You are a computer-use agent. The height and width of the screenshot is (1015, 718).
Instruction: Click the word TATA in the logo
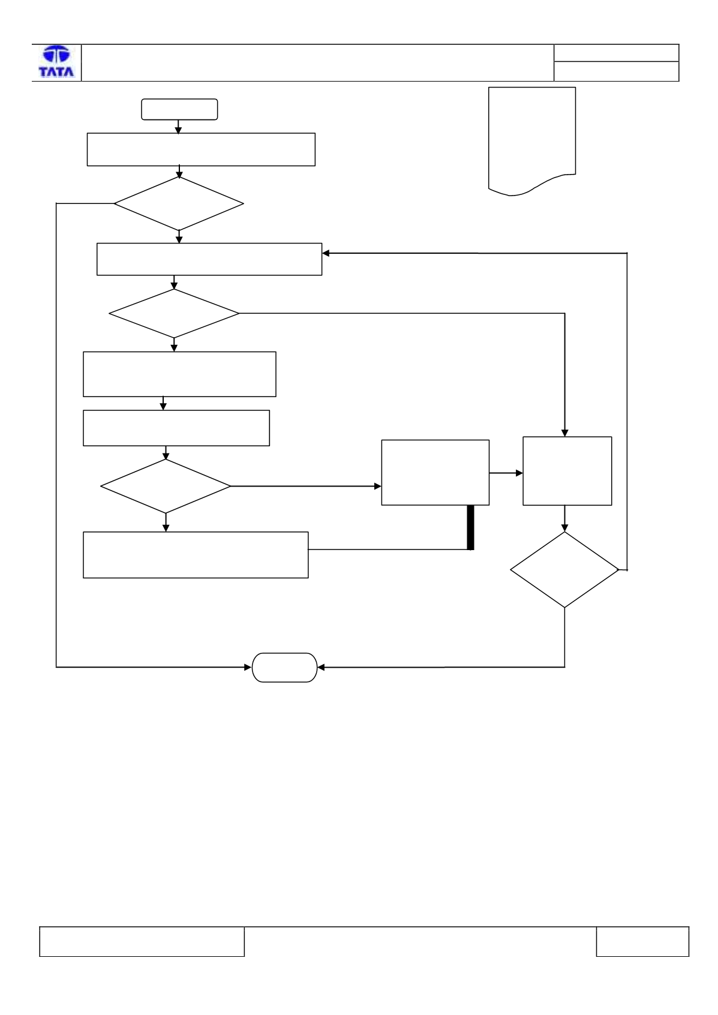[56, 71]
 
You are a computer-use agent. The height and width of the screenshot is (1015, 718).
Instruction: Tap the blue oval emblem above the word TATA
[56, 55]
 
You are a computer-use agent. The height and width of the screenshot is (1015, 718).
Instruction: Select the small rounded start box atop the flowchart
[179, 109]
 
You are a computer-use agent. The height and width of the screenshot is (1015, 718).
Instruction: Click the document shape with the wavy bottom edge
[532, 141]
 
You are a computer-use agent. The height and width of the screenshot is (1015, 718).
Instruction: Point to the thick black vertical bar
[471, 527]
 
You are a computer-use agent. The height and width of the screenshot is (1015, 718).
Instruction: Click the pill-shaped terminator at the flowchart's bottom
[284, 668]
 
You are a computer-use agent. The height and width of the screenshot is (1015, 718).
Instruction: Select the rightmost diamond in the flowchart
[564, 569]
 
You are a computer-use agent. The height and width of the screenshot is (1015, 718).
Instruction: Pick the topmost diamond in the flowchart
[179, 203]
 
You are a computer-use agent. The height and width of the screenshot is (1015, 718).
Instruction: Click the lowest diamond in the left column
[166, 486]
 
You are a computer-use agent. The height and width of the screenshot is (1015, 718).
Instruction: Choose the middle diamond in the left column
[174, 313]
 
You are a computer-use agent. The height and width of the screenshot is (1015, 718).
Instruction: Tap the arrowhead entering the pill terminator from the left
[248, 667]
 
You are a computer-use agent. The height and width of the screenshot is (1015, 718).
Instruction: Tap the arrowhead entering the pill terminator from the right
[321, 667]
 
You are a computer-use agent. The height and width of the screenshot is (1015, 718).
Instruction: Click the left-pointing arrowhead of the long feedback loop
[326, 253]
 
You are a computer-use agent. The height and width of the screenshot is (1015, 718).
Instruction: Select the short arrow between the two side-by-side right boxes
[506, 473]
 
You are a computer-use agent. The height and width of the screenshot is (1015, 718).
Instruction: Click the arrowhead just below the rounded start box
[178, 131]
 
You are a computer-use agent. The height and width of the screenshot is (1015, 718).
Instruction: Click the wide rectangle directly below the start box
[201, 149]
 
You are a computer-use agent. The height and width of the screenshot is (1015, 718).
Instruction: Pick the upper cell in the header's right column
[616, 53]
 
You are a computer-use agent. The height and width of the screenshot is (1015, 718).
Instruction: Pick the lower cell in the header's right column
[616, 71]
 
